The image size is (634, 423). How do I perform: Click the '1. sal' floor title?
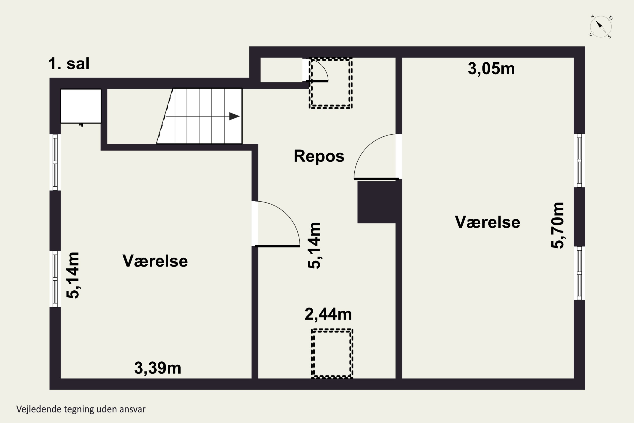[x=69, y=64]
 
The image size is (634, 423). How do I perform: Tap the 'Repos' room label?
[x=319, y=156]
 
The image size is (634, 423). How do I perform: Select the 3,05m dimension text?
[x=491, y=69]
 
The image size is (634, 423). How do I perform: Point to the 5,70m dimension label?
[x=557, y=225]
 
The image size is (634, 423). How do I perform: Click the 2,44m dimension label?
[x=328, y=314]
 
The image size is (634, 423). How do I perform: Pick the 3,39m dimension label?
[x=158, y=368]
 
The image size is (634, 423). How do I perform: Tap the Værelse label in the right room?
[x=487, y=222]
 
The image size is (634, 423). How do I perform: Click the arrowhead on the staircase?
[x=234, y=116]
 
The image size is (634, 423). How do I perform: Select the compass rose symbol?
[x=601, y=27]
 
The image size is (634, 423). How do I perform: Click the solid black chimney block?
[x=376, y=202]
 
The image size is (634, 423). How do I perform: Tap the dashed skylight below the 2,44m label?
[x=332, y=353]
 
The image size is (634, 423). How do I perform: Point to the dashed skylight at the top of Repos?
[x=331, y=83]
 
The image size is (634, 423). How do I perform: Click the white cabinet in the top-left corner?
[x=81, y=106]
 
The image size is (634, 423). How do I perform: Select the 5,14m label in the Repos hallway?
[x=314, y=246]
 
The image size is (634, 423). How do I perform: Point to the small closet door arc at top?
[x=322, y=67]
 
